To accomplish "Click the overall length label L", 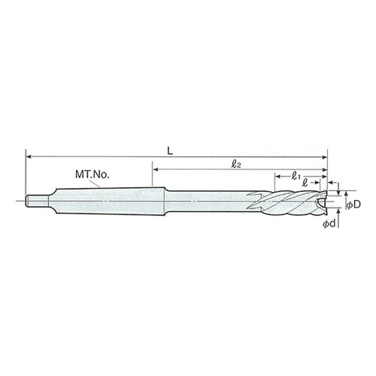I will [x=171, y=150].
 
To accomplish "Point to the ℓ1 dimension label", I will [x=296, y=177].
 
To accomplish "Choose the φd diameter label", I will [x=328, y=224].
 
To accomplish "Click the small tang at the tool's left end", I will [x=34, y=201].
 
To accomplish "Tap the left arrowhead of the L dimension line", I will [x=30, y=156].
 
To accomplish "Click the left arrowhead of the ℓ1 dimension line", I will [x=274, y=181].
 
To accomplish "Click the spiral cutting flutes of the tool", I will [x=290, y=202].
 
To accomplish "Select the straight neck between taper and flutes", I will [x=211, y=201].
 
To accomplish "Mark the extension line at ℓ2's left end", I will [x=153, y=179].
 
